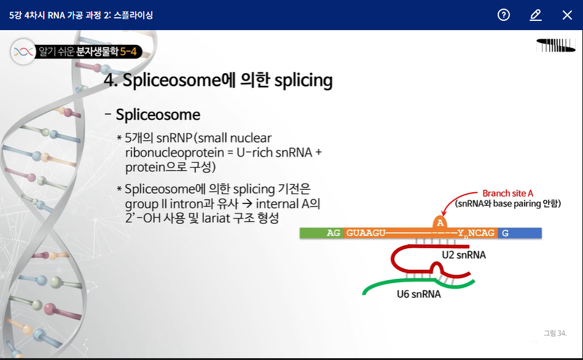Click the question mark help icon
pos(503,15)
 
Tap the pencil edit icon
pos(536,15)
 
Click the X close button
pos(567,15)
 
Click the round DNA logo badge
pos(23,52)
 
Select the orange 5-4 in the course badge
pos(128,52)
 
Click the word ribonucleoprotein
pos(174,152)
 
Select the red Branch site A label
pos(507,194)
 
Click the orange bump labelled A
pos(440,222)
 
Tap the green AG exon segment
pos(322,233)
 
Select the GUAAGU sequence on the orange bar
pos(366,233)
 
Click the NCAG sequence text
pos(481,233)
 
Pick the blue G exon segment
pos(520,233)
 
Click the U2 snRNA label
pos(464,255)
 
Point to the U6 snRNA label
pos(418,294)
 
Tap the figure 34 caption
pos(555,333)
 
